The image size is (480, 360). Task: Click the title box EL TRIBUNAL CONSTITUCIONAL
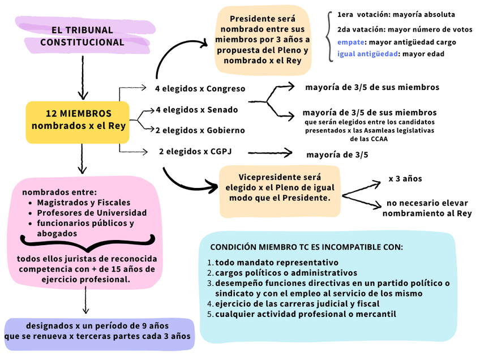click(x=82, y=36)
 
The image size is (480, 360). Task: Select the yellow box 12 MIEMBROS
click(x=78, y=119)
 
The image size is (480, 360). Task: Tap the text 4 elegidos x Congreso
click(x=200, y=89)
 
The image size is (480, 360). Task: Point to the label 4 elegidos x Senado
click(x=196, y=110)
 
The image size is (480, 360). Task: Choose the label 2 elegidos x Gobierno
click(x=200, y=130)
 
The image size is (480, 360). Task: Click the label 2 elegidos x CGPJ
click(x=195, y=151)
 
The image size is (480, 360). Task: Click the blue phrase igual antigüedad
click(x=367, y=54)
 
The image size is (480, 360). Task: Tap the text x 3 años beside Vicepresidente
click(x=405, y=179)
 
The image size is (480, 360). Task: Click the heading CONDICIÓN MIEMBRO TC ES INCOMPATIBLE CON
click(x=306, y=247)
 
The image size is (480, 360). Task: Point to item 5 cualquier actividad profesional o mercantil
click(x=305, y=314)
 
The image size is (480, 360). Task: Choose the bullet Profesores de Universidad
click(x=92, y=213)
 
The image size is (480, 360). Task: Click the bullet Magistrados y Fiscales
click(x=83, y=203)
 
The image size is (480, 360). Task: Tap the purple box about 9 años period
click(x=97, y=332)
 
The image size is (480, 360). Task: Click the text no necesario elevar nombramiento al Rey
click(x=427, y=208)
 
